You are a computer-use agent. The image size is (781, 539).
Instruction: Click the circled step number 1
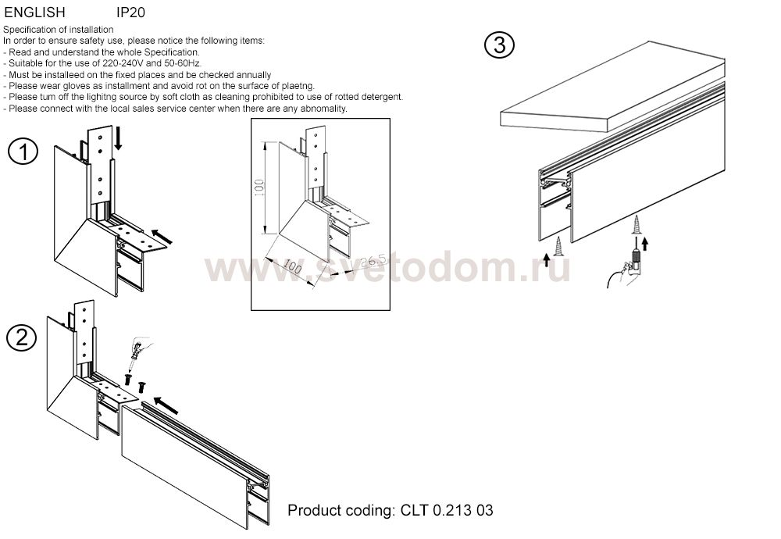(23, 152)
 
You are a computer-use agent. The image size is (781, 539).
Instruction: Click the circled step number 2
(21, 338)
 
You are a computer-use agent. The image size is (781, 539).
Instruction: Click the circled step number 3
(499, 45)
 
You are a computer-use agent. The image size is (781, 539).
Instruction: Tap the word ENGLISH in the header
(35, 12)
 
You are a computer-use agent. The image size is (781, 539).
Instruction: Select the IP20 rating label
(130, 12)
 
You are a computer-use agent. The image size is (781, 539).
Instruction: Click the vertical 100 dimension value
(259, 187)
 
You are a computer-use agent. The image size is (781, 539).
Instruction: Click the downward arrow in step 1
(118, 138)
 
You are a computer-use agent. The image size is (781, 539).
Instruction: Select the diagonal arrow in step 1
(161, 236)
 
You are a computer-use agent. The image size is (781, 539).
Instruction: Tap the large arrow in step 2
(166, 405)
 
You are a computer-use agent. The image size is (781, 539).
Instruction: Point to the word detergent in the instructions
(382, 97)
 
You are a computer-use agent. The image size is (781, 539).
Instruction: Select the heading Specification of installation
(59, 30)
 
